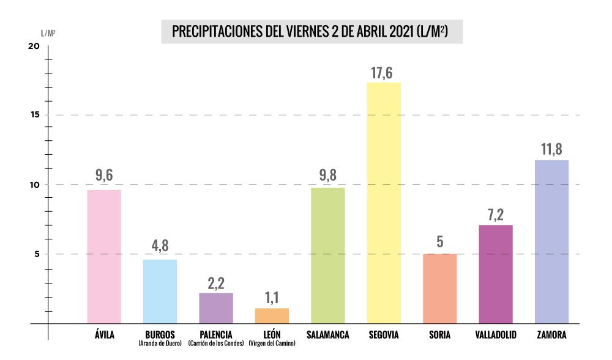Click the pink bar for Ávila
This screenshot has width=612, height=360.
click(104, 257)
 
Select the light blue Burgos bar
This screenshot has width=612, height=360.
click(160, 291)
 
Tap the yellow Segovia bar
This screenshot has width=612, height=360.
click(384, 203)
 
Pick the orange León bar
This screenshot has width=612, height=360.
click(272, 316)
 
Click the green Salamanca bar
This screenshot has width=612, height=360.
click(327, 255)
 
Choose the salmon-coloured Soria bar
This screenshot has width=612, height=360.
click(439, 288)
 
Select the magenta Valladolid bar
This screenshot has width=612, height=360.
click(496, 274)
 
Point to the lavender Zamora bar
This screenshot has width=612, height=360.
click(551, 242)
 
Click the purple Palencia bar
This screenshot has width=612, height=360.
click(216, 308)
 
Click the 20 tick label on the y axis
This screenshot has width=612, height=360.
click(34, 47)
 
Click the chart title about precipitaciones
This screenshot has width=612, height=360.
click(312, 31)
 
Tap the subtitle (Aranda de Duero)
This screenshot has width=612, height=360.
click(161, 343)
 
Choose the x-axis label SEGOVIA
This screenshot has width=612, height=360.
click(384, 334)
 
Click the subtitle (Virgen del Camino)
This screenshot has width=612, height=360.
click(271, 343)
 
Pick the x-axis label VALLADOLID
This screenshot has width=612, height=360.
click(496, 334)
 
